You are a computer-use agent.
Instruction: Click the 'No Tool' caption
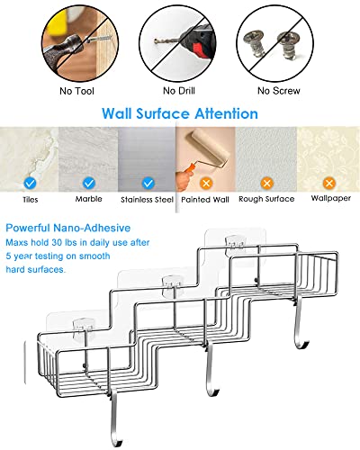[76, 91]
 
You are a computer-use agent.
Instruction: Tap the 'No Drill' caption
[179, 91]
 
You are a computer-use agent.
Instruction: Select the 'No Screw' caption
[279, 91]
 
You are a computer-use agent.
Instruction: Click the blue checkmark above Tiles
[30, 183]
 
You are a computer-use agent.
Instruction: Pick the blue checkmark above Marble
[89, 183]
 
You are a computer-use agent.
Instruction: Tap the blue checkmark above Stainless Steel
[148, 183]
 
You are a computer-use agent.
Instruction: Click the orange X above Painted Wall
[206, 183]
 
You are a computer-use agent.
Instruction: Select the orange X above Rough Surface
[266, 183]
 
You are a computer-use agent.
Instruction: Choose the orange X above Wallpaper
[329, 183]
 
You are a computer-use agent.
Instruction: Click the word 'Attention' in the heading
[226, 113]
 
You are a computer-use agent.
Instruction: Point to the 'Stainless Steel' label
[147, 200]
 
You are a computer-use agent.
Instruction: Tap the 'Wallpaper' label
[331, 198]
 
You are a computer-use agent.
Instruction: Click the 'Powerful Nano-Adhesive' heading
[68, 228]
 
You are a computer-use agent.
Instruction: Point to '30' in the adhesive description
[57, 242]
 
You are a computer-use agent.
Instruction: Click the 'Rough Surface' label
[266, 199]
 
